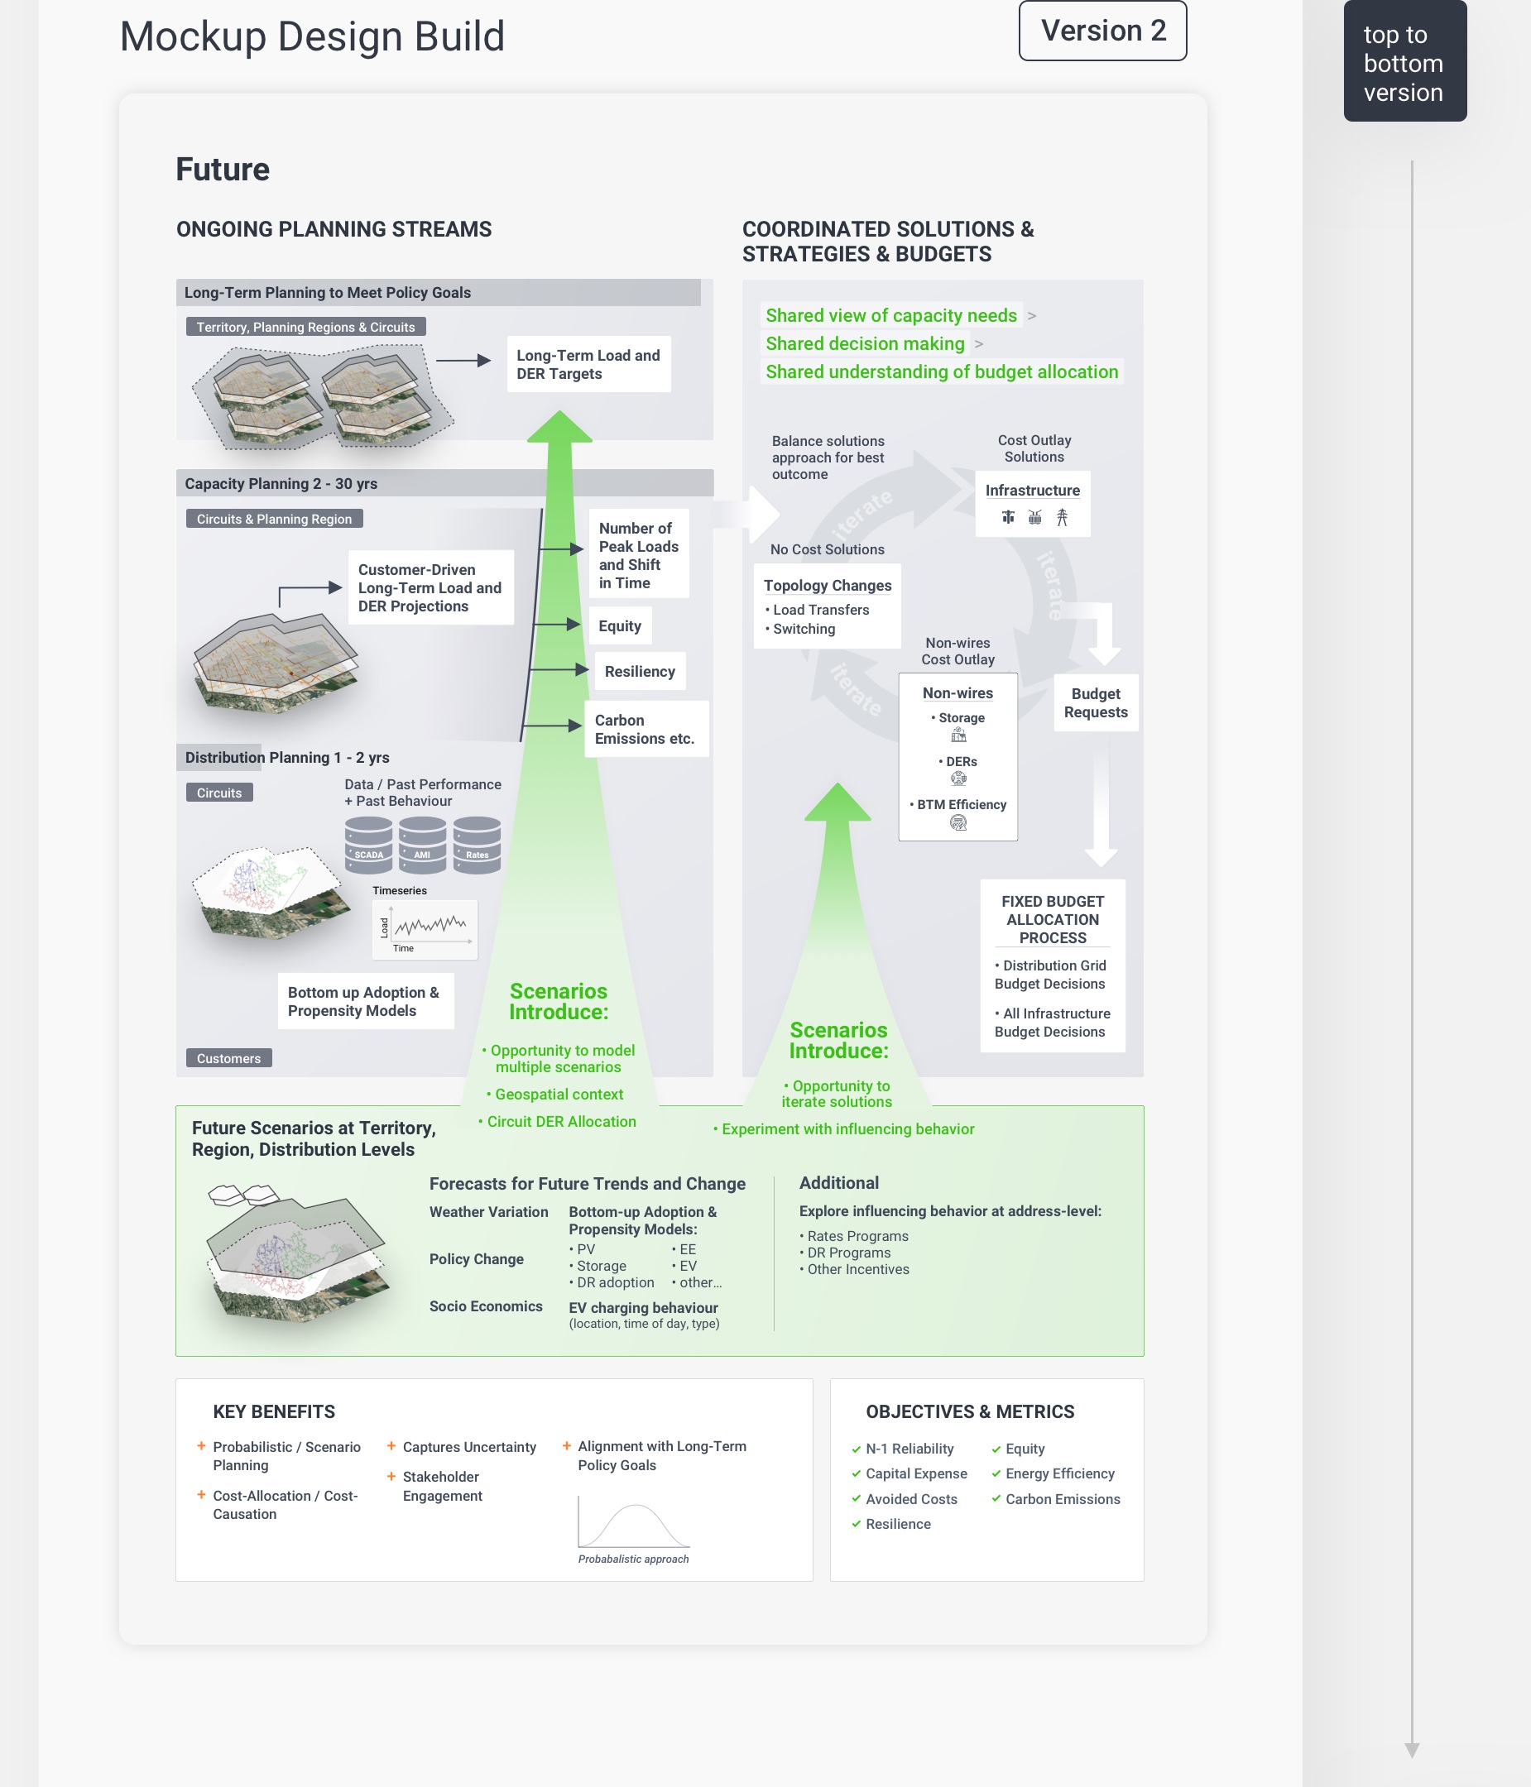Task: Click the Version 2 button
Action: click(1102, 31)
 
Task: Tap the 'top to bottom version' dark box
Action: click(1404, 62)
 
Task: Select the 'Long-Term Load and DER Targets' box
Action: click(588, 365)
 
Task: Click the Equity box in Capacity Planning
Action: click(619, 626)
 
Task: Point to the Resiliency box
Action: click(639, 672)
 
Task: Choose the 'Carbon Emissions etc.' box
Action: click(646, 730)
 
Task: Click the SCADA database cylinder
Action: click(368, 846)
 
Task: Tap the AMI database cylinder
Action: click(423, 846)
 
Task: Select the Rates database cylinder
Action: click(477, 846)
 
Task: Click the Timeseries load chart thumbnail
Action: click(425, 929)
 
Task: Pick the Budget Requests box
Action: click(1096, 703)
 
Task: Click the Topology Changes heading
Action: click(828, 586)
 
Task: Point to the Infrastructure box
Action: click(1033, 504)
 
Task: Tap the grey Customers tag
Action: click(228, 1058)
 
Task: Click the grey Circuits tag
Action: click(219, 793)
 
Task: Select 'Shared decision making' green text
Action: click(864, 344)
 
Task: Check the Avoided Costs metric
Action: click(911, 1499)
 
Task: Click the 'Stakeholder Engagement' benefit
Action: click(442, 1486)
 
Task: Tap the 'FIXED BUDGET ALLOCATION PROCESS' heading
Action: click(1053, 919)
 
